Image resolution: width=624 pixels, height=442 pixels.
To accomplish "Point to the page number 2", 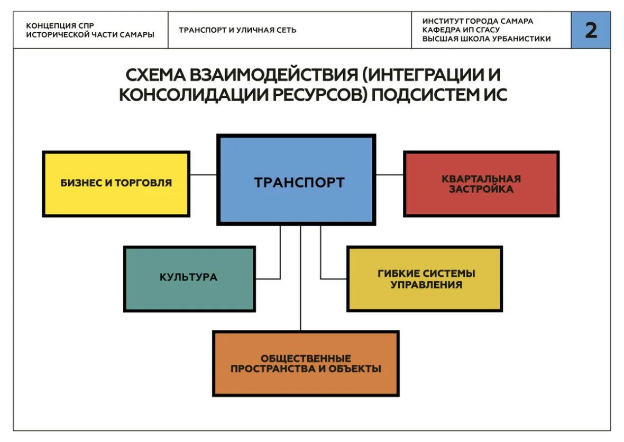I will [x=591, y=30].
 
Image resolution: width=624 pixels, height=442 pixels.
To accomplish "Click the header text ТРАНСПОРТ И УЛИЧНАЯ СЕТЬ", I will [x=237, y=30].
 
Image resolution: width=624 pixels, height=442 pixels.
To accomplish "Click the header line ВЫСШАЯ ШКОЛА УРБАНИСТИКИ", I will [x=487, y=39].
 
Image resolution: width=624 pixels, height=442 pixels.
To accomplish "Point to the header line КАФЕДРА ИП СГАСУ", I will [x=461, y=30].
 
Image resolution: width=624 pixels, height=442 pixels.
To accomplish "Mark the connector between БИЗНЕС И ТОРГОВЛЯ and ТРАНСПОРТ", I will [x=203, y=174].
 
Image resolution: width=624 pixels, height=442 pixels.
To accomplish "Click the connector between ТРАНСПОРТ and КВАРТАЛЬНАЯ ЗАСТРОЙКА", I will [x=389, y=174].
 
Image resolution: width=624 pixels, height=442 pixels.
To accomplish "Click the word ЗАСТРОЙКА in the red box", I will [x=481, y=189].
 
